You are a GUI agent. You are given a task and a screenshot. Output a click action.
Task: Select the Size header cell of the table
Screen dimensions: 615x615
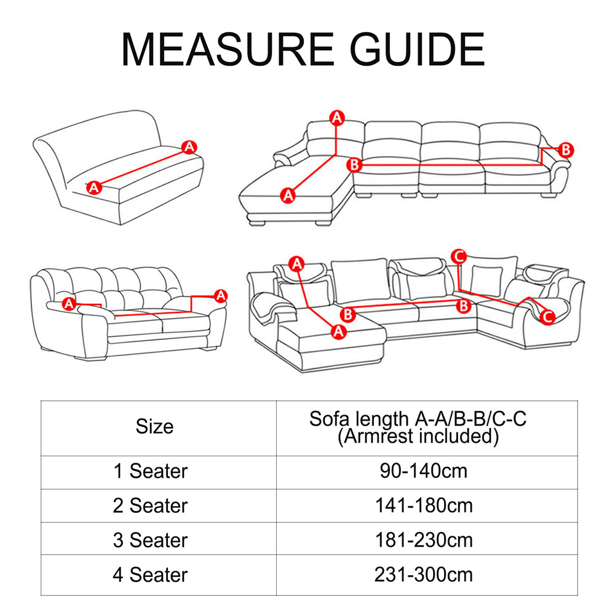pyautogui.click(x=155, y=426)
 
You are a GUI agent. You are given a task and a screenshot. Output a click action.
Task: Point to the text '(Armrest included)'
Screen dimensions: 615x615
pyautogui.click(x=418, y=437)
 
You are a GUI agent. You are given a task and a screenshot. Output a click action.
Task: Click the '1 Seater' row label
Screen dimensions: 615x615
pyautogui.click(x=151, y=472)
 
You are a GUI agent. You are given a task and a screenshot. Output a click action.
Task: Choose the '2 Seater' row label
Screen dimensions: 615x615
pyautogui.click(x=151, y=506)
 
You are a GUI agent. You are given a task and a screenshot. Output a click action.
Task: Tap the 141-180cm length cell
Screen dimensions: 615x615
pyautogui.click(x=424, y=506)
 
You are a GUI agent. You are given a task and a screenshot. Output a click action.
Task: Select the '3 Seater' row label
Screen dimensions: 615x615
pyautogui.click(x=151, y=541)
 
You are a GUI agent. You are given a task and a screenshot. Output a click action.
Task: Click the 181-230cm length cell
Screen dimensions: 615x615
pyautogui.click(x=424, y=541)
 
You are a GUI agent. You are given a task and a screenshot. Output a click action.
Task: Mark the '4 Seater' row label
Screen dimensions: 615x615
pyautogui.click(x=151, y=575)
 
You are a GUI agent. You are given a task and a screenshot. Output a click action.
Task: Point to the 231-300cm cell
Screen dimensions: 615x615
pyautogui.click(x=424, y=575)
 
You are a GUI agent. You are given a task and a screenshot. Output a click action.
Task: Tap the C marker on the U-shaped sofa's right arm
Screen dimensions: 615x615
pyautogui.click(x=548, y=317)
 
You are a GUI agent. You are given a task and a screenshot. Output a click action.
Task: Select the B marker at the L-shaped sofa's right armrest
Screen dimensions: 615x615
pyautogui.click(x=566, y=149)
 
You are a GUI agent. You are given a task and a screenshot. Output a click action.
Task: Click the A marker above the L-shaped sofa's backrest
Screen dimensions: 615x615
pyautogui.click(x=336, y=117)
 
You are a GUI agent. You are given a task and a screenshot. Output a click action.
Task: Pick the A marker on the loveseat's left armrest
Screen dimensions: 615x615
pyautogui.click(x=69, y=303)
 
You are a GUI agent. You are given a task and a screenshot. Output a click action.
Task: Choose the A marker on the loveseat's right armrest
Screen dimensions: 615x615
pyautogui.click(x=221, y=296)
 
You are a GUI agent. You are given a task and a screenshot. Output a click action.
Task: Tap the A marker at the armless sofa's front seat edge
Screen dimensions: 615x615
pyautogui.click(x=93, y=187)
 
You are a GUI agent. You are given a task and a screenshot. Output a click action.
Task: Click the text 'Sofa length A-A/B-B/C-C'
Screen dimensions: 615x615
pyautogui.click(x=418, y=419)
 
